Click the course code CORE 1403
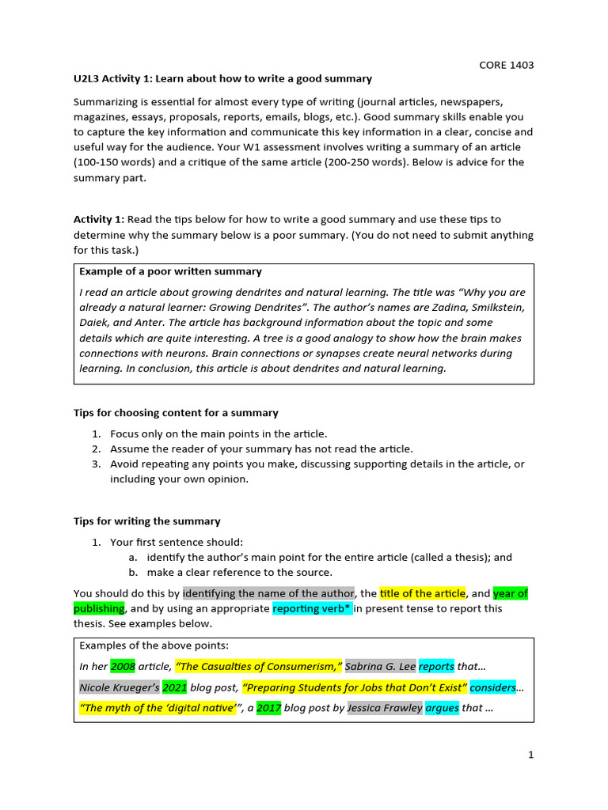tap(507, 65)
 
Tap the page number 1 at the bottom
tap(531, 755)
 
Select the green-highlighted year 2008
tap(123, 666)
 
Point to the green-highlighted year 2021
tap(175, 687)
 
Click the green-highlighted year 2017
tap(268, 708)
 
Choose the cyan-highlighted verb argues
tap(442, 708)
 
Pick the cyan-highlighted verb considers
tap(492, 687)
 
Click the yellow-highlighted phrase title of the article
tap(423, 593)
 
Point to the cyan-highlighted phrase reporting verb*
tap(313, 608)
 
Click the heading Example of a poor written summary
tap(170, 271)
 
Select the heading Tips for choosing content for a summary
tap(176, 413)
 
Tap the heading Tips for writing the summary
tap(147, 521)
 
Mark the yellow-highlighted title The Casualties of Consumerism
tap(259, 666)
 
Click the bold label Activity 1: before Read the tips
tap(99, 219)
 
